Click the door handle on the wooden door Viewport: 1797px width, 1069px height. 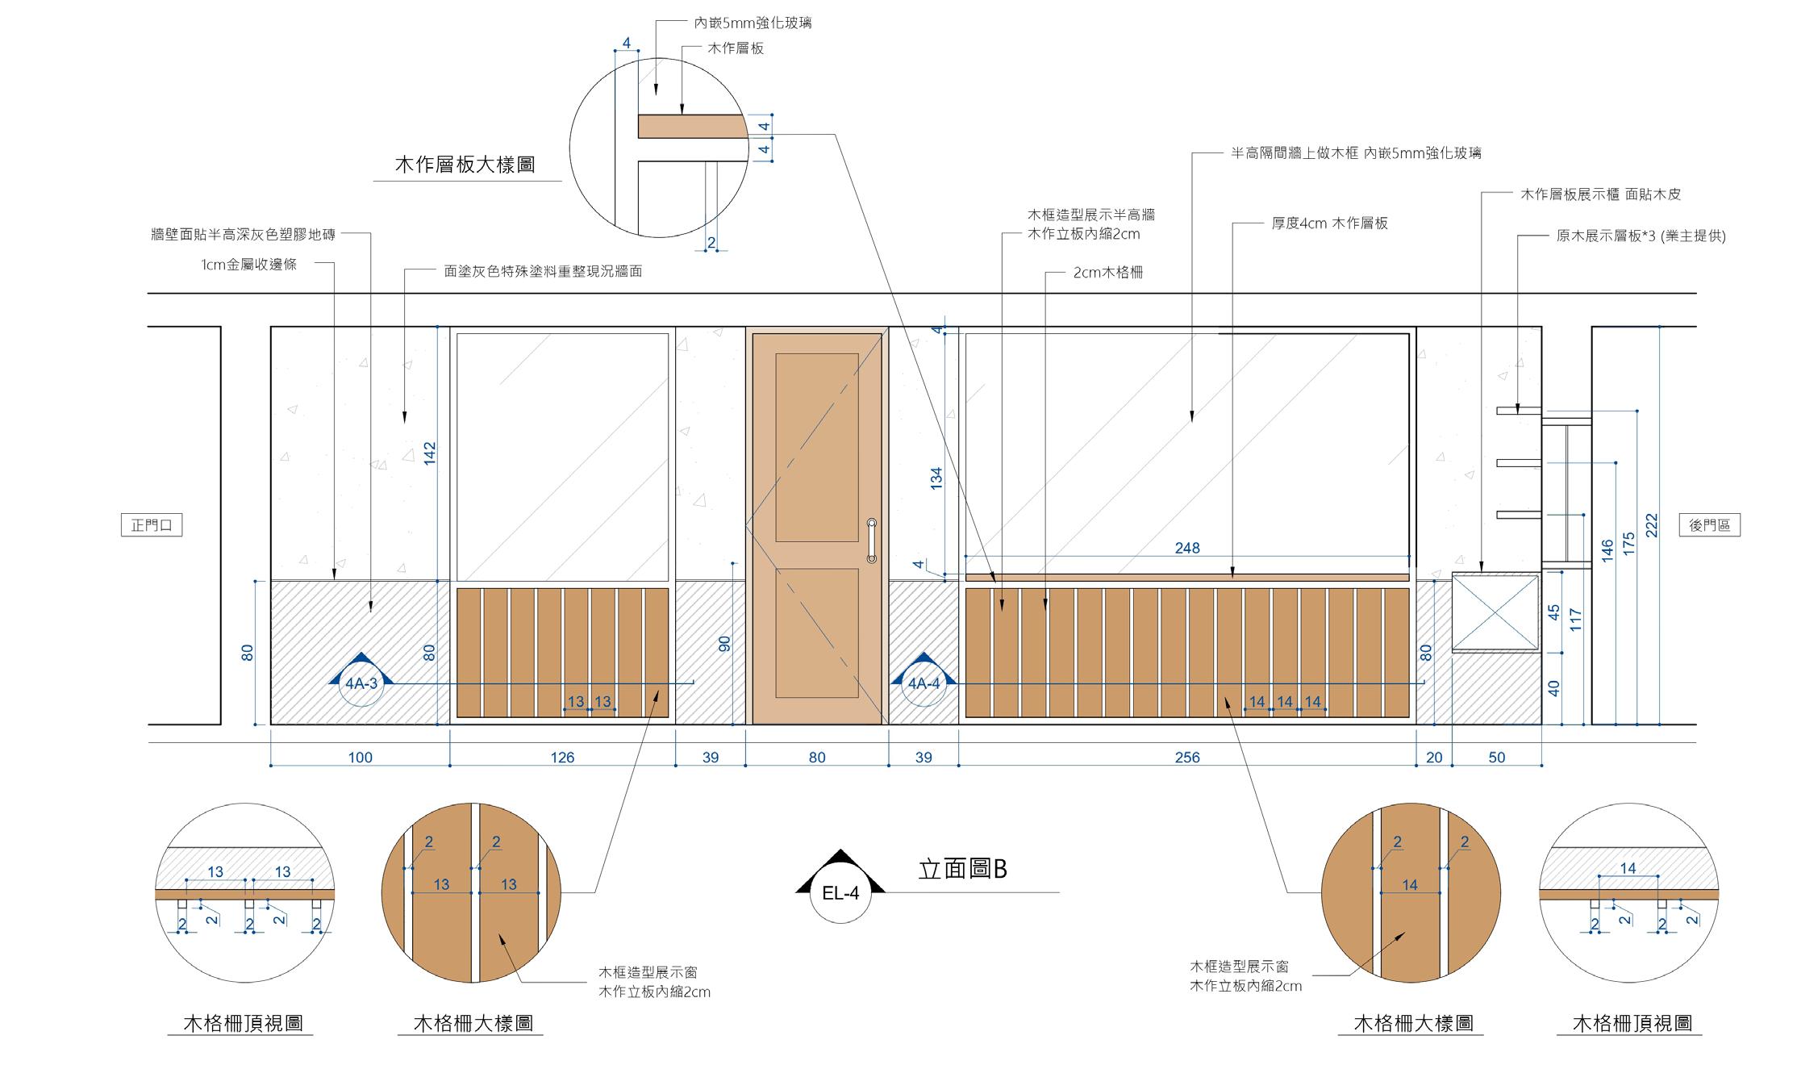point(871,541)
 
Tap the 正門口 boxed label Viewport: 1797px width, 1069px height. point(152,525)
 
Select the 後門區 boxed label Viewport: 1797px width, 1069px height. point(1709,525)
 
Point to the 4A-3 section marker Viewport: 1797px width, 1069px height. point(361,683)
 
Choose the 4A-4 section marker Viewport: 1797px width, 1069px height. point(924,683)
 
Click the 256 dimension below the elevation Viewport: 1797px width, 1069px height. point(1187,758)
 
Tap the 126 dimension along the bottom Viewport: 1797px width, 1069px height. point(562,758)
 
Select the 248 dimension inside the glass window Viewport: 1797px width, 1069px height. point(1187,549)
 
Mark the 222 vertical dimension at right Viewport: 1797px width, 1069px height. point(1650,527)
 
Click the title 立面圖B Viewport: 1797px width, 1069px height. point(963,869)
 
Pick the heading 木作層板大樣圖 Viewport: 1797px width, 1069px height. point(465,165)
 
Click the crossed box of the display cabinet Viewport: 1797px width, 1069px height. point(1495,612)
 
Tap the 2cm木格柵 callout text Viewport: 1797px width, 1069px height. point(1107,273)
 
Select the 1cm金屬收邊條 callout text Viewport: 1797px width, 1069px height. point(249,265)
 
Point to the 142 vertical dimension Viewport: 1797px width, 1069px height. point(429,453)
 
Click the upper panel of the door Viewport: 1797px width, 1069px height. point(816,447)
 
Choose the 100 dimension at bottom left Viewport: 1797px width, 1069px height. point(360,758)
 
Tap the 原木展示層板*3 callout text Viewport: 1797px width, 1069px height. point(1641,236)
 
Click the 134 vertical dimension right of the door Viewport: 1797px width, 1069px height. point(936,478)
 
